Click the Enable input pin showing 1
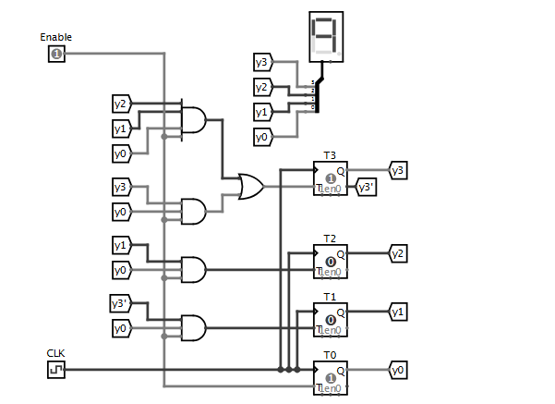pyautogui.click(x=56, y=55)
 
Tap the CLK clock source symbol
pyautogui.click(x=56, y=370)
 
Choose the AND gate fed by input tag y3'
pyautogui.click(x=193, y=327)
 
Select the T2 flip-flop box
pyautogui.click(x=331, y=262)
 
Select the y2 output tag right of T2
pyautogui.click(x=398, y=252)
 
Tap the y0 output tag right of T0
pyautogui.click(x=398, y=370)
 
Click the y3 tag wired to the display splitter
pyautogui.click(x=263, y=62)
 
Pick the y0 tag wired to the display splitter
pyautogui.click(x=263, y=137)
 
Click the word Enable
pyautogui.click(x=56, y=37)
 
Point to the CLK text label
pyautogui.click(x=56, y=353)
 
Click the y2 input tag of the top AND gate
pyautogui.click(x=122, y=103)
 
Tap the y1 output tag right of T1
pyautogui.click(x=398, y=312)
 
